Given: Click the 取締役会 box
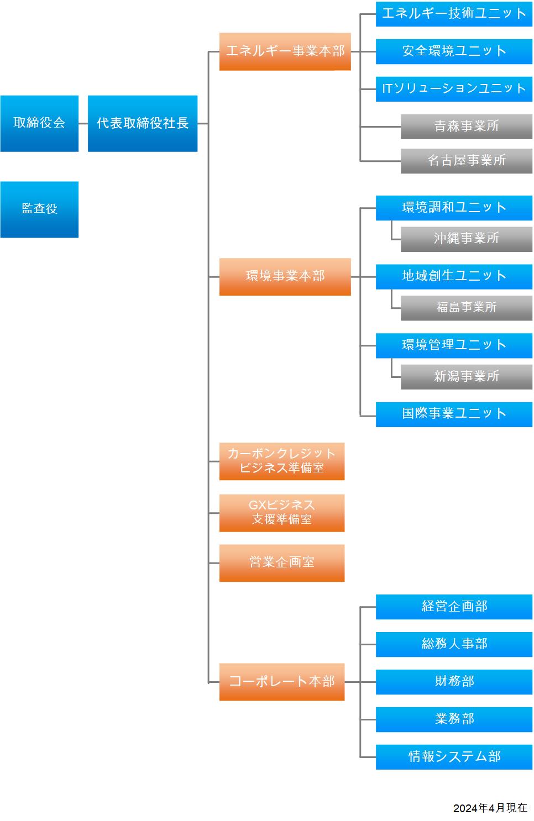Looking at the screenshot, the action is coord(39,124).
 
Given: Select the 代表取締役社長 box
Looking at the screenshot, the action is coord(143,124).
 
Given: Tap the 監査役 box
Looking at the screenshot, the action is coord(39,209).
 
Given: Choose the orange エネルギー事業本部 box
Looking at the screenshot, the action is coord(285,52).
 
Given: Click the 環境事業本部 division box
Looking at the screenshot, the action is coord(285,277).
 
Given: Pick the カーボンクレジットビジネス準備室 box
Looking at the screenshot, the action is coord(282,461).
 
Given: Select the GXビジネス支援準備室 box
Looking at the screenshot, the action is coord(282,513).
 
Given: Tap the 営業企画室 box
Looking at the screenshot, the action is coord(282,564).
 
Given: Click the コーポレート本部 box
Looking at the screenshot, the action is coord(282,682).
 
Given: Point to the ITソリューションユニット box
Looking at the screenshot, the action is coord(454,89).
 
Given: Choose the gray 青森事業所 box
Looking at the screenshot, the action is coord(467,127).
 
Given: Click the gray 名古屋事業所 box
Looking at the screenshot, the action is coord(467,161).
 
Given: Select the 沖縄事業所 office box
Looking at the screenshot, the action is coord(467,239).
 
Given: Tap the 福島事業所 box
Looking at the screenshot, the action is coord(467,308).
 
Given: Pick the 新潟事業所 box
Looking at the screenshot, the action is coord(467,377).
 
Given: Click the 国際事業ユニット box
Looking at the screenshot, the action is coord(454,414).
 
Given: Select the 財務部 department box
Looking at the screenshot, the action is coord(454,682).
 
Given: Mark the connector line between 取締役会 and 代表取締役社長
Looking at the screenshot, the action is coord(83,124).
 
